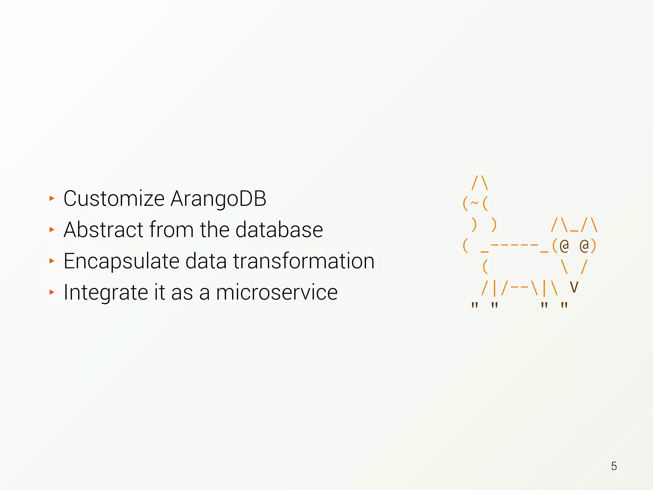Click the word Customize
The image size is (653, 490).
[114, 199]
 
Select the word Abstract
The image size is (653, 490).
[103, 230]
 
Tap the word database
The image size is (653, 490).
[279, 230]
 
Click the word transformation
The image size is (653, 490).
[304, 261]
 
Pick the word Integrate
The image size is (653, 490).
[106, 293]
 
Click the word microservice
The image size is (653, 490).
[276, 293]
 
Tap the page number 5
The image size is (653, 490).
[614, 466]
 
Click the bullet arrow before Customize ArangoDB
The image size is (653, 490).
[52, 199]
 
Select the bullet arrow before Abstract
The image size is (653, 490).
[52, 230]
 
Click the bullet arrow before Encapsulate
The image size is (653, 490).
[52, 261]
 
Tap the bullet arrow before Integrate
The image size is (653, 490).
[52, 292]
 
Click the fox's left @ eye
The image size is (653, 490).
[564, 246]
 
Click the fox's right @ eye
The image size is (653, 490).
[584, 246]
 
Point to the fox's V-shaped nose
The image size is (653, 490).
[574, 287]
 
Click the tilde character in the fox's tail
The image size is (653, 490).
[475, 203]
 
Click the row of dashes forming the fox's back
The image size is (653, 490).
[514, 245]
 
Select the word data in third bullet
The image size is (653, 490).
[206, 261]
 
